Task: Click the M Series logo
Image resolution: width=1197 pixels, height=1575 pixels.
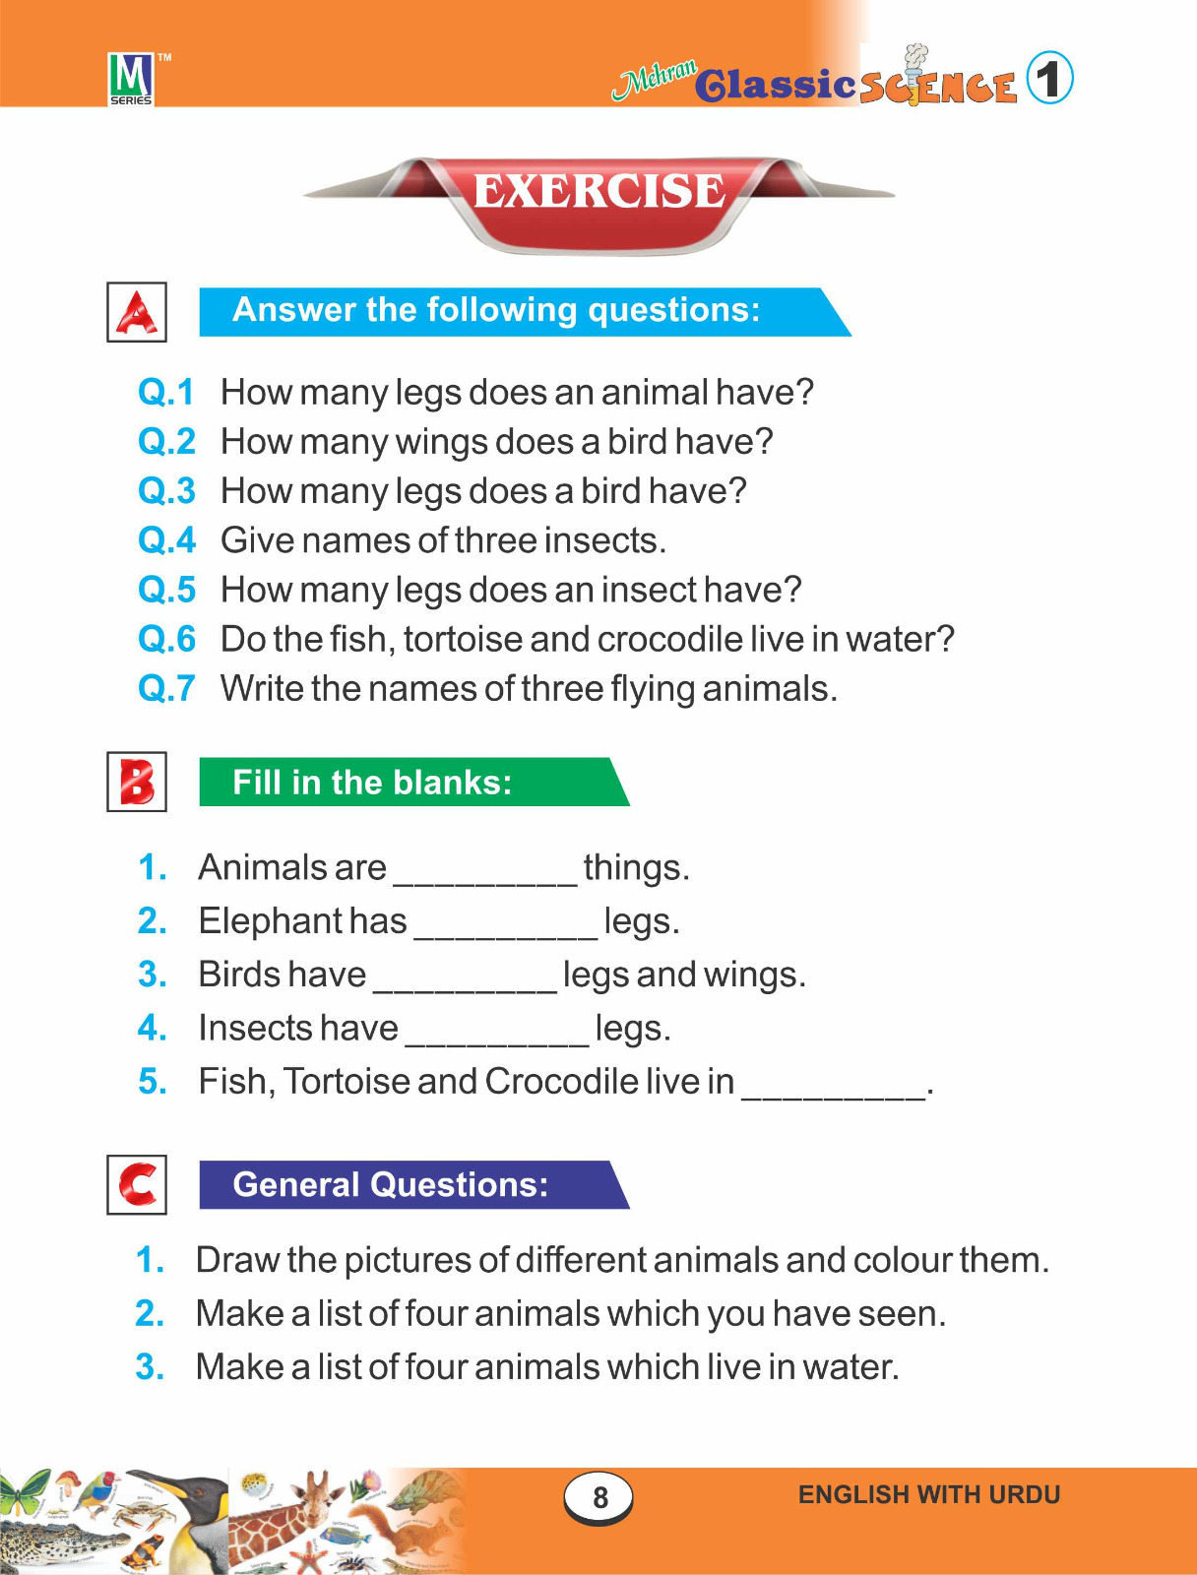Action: [x=131, y=78]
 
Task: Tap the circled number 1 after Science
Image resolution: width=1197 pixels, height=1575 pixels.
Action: [x=1049, y=79]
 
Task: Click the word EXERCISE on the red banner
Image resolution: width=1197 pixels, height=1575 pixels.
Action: [x=598, y=190]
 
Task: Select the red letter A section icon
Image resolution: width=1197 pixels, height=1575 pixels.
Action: [x=137, y=312]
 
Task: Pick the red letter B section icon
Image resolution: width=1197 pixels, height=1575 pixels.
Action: [x=137, y=783]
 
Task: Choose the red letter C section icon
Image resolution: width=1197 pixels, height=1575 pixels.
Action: [x=137, y=1184]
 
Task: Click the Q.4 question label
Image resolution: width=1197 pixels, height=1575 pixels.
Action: [x=166, y=540]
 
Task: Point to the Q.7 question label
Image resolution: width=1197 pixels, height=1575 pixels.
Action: [x=166, y=688]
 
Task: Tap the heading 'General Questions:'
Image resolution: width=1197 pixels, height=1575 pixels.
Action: [x=390, y=1184]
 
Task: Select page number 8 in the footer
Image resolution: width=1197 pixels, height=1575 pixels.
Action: [x=599, y=1497]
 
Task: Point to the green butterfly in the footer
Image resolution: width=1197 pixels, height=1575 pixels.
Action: [x=24, y=1493]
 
